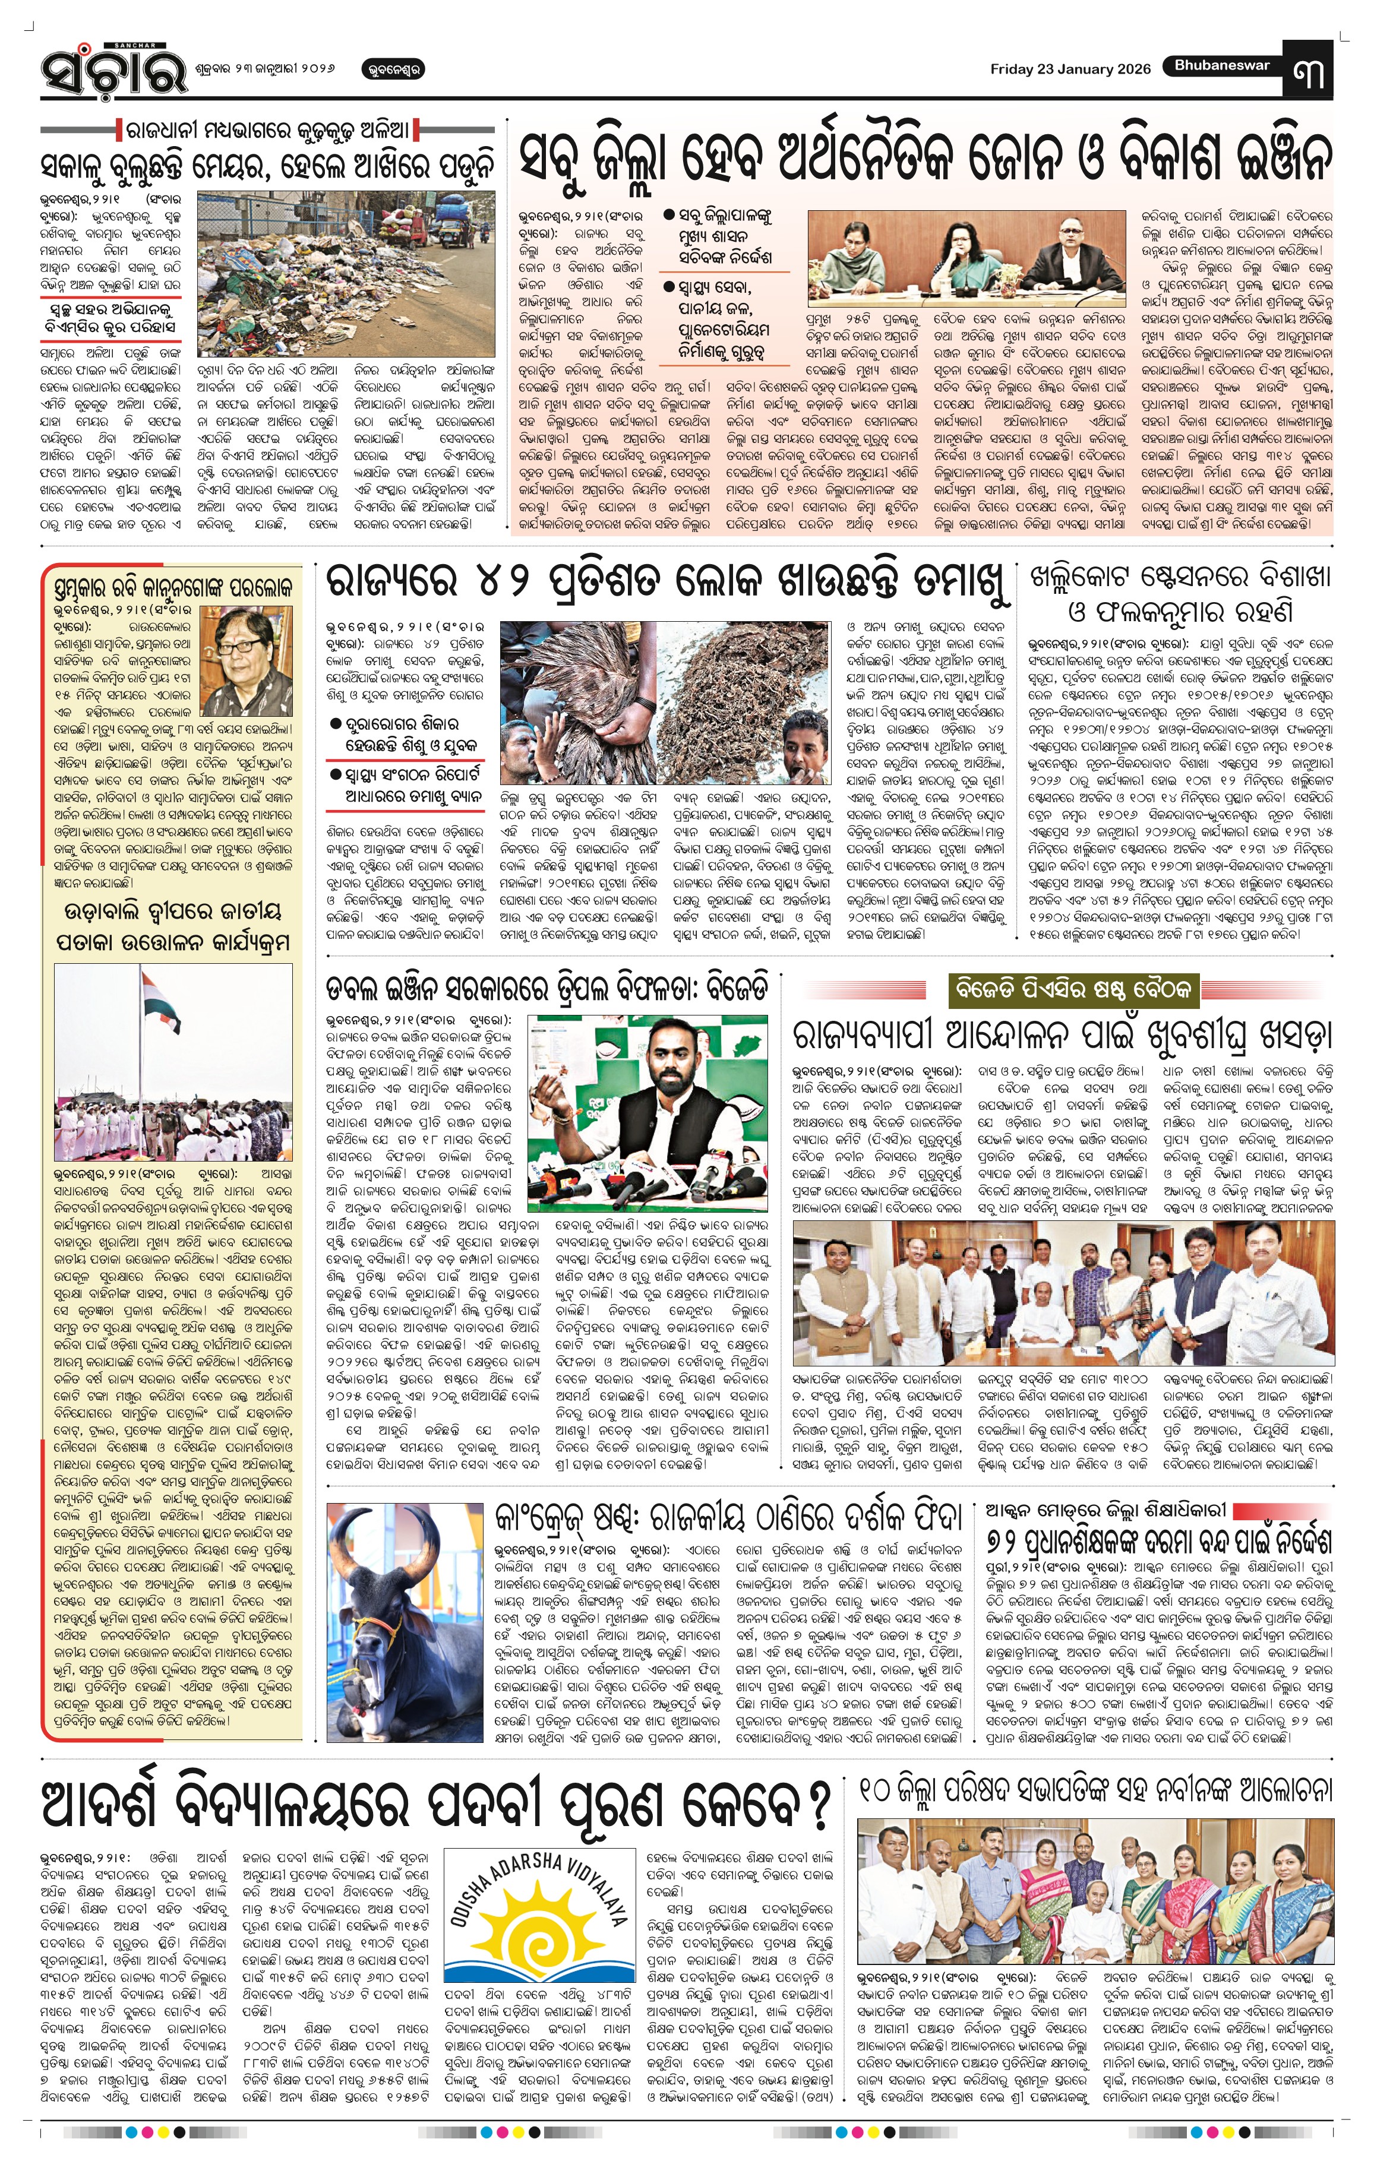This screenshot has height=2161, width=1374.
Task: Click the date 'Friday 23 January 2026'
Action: click(1070, 69)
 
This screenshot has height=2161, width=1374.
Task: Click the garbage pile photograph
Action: click(346, 274)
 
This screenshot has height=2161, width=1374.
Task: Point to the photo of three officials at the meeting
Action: click(966, 255)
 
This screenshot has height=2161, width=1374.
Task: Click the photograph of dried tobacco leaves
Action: click(664, 703)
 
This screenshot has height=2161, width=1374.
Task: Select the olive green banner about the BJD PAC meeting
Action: click(1073, 991)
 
